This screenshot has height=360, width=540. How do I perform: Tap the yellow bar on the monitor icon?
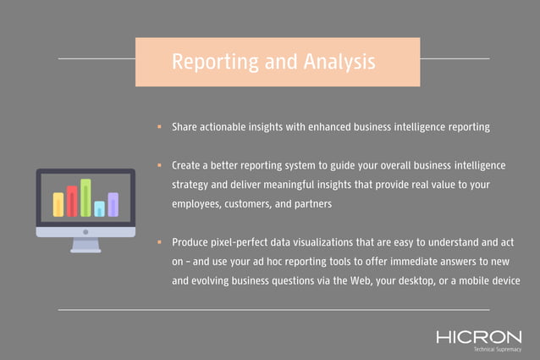[58, 204]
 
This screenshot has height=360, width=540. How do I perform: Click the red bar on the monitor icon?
[72, 201]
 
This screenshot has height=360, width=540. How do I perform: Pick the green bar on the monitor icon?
[85, 197]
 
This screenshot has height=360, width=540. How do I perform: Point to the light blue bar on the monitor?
[99, 208]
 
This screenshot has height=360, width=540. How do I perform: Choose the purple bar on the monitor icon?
[113, 204]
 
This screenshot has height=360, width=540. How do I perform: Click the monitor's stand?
[85, 246]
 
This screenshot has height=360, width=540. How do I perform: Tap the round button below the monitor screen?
[85, 231]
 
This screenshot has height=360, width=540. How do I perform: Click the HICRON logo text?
[479, 337]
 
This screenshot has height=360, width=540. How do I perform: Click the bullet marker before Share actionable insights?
[159, 127]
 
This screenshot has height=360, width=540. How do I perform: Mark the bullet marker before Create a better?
[159, 164]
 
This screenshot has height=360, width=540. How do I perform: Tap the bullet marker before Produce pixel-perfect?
[159, 242]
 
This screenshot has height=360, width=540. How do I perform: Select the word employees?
[200, 204]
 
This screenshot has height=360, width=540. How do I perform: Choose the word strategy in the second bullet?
[192, 184]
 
